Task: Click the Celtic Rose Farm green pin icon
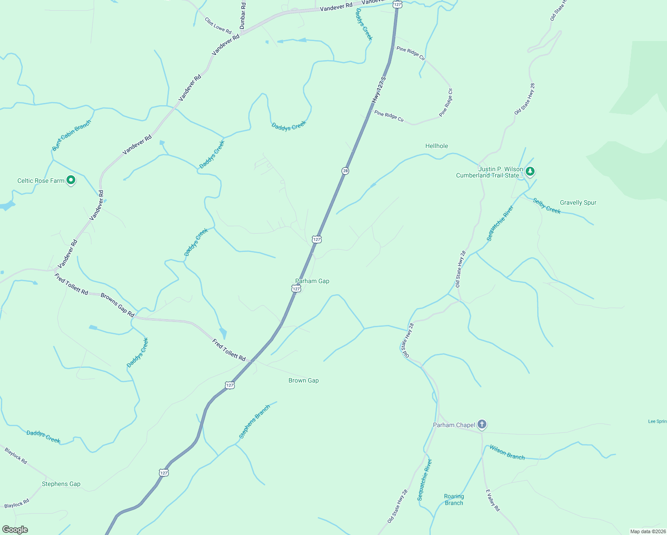[71, 180]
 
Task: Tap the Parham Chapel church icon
[482, 424]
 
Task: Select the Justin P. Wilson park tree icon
[530, 171]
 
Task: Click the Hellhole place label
[436, 146]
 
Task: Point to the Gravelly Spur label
[578, 202]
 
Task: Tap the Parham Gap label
[312, 281]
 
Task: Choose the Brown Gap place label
[303, 380]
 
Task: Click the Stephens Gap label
[61, 484]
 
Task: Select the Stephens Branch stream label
[254, 421]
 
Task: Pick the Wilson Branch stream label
[507, 452]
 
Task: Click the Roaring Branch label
[454, 499]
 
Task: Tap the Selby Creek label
[547, 206]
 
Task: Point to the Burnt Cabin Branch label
[71, 135]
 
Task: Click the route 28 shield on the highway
[345, 171]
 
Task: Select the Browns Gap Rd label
[117, 305]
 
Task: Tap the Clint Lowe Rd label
[218, 25]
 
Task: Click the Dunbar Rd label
[243, 16]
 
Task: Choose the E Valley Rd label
[493, 500]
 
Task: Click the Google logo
[15, 530]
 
